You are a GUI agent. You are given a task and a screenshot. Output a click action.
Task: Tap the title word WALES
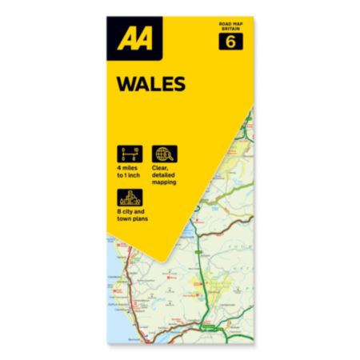[x=151, y=84]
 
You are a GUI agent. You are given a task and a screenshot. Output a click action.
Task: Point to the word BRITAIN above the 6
[x=230, y=30]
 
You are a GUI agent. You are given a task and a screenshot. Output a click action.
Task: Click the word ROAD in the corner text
[x=223, y=25]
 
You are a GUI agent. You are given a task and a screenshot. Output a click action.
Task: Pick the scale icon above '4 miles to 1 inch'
[x=128, y=154]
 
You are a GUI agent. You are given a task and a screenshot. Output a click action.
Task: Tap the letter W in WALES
[x=127, y=84]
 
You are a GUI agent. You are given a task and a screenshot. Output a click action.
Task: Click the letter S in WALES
[x=178, y=84]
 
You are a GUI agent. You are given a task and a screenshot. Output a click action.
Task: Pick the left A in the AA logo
[x=125, y=38]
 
